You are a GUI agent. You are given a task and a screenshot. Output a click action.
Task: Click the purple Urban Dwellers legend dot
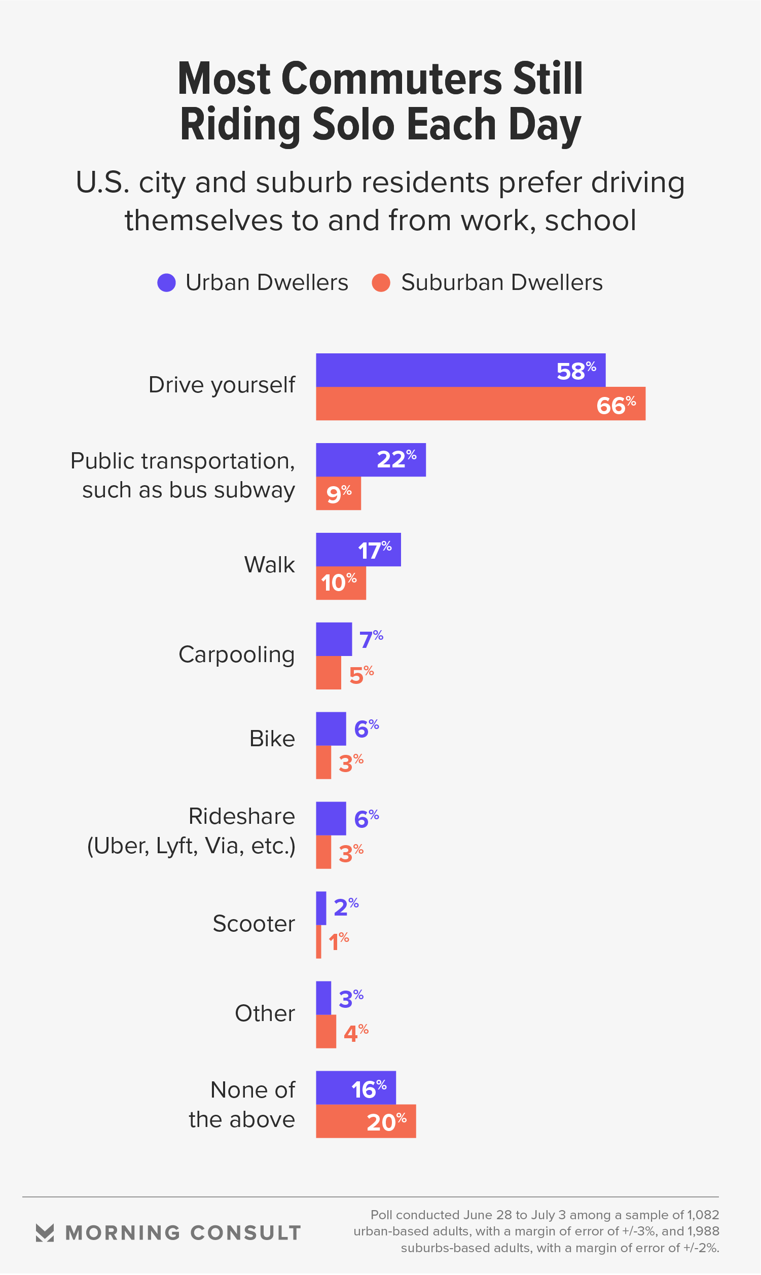(x=167, y=282)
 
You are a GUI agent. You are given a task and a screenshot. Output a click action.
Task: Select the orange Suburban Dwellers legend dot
(x=381, y=282)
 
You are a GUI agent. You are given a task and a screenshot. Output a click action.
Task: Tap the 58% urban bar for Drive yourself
(x=460, y=370)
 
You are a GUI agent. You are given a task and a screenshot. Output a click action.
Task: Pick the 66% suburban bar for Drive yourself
(x=480, y=404)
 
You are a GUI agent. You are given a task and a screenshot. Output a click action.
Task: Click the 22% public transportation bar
(x=370, y=460)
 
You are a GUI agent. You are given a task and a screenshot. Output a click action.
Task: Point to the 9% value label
(x=339, y=494)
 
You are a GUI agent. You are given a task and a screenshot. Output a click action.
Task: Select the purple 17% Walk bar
(x=358, y=550)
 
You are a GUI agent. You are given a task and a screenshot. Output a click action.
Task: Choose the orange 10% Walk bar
(x=341, y=583)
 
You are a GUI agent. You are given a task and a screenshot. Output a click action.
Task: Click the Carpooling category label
(x=236, y=654)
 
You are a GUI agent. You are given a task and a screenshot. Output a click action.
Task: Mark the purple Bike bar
(x=331, y=728)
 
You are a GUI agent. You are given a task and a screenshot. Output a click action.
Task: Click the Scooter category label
(x=254, y=924)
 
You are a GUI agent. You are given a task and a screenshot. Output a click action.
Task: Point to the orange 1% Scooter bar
(x=318, y=942)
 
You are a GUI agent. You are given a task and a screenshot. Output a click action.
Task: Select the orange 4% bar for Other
(x=325, y=1032)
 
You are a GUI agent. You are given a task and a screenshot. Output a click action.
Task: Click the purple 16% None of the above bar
(x=355, y=1088)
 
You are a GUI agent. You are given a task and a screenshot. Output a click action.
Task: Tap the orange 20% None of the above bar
(x=366, y=1121)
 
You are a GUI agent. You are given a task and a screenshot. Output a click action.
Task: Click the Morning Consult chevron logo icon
(x=45, y=1233)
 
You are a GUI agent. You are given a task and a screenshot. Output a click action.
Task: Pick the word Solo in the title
(x=353, y=125)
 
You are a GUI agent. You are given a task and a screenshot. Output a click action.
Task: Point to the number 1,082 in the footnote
(x=703, y=1215)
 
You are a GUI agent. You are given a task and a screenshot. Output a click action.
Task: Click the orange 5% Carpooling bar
(x=328, y=673)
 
